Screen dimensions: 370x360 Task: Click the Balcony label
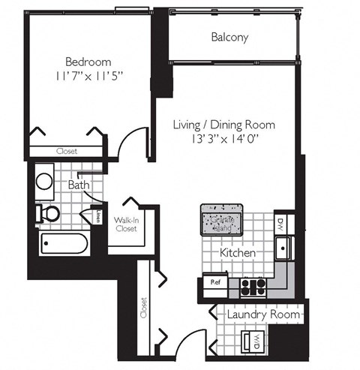pos(229,37)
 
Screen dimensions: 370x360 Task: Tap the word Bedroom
pos(88,62)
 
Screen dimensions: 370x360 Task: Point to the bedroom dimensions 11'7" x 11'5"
pos(88,76)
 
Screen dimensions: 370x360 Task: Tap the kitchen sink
pos(283,247)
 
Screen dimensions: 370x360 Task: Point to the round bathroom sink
pos(44,181)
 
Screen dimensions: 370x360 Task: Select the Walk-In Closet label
pos(125,224)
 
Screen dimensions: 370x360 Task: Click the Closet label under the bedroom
pos(66,151)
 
